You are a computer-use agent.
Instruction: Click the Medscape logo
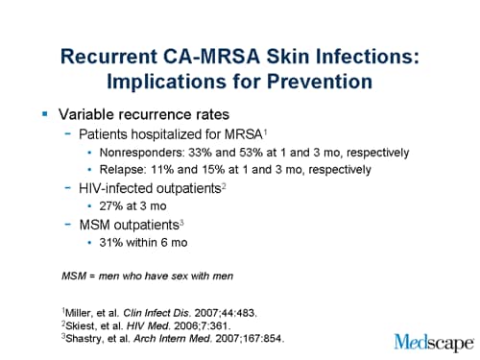(x=432, y=342)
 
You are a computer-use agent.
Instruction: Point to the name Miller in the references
(x=79, y=312)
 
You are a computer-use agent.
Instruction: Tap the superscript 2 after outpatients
(x=223, y=185)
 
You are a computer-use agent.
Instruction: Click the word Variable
(x=95, y=115)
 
